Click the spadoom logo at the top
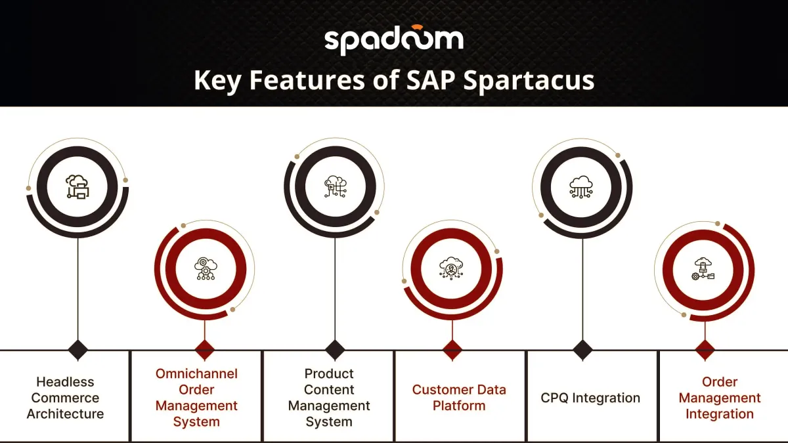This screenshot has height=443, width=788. point(393,40)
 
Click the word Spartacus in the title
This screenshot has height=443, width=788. point(529,81)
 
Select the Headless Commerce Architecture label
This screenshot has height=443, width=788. point(66,398)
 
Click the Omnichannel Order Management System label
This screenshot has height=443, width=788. point(196,398)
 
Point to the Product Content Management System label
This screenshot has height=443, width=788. point(329,398)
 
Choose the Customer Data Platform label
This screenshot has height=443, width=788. point(459,398)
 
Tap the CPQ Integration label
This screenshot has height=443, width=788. point(590,398)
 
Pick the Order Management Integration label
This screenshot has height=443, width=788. point(720,398)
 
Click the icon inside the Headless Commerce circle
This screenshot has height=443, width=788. point(77,186)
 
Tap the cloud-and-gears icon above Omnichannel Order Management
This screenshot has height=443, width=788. point(206,268)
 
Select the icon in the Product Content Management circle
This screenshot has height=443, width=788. point(336,186)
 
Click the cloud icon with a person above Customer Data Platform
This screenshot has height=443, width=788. point(451,268)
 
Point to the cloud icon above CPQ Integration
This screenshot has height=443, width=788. point(581,187)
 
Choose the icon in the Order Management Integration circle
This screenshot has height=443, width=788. point(703,269)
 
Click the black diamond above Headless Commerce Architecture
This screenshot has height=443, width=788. point(77,350)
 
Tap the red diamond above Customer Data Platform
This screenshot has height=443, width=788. point(452,350)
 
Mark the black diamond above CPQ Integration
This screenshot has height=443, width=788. point(582,350)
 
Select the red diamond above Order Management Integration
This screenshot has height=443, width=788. point(705,350)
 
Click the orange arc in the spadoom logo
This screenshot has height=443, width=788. point(417,27)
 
